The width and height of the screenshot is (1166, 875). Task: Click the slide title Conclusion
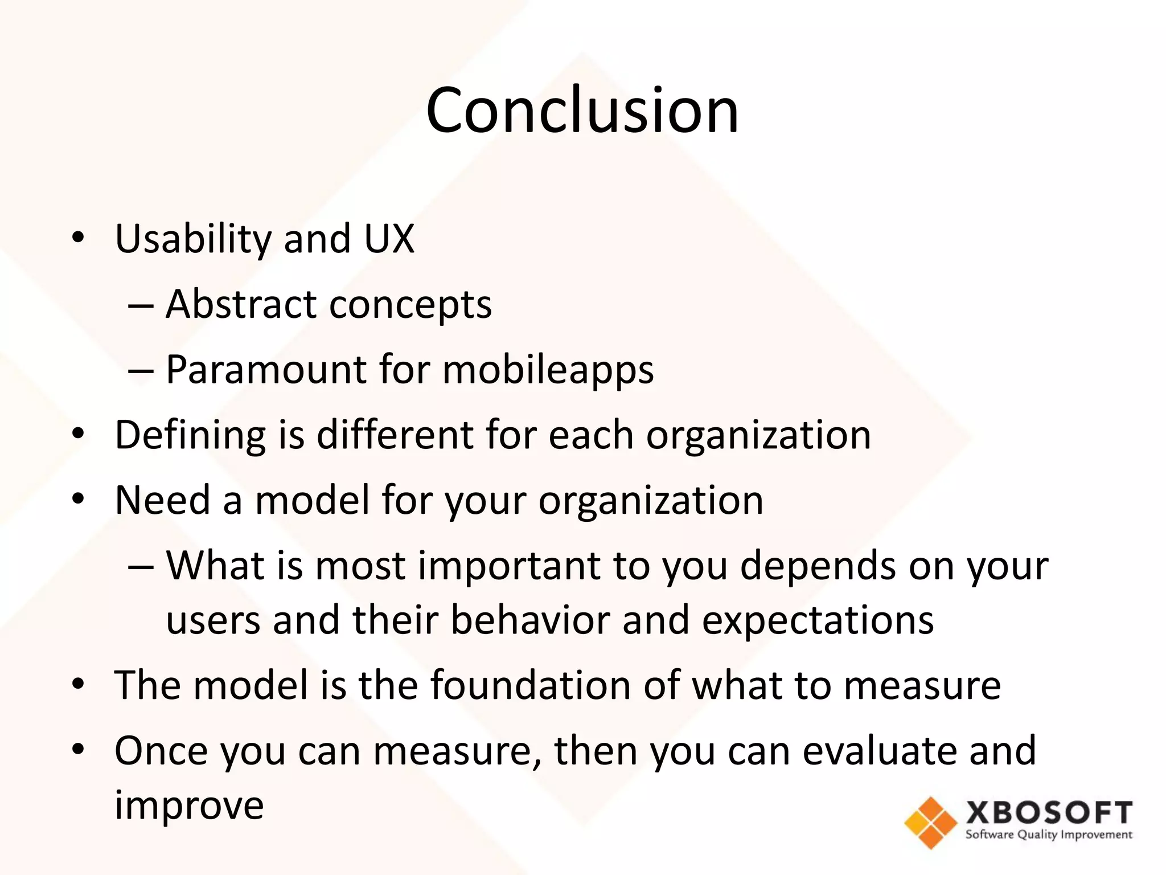[582, 109]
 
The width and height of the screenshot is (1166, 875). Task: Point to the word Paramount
[266, 370]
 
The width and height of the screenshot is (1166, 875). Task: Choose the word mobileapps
[548, 370]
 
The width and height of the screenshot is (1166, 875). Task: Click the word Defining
[190, 435]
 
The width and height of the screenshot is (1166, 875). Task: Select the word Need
[163, 500]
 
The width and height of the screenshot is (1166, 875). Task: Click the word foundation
[530, 685]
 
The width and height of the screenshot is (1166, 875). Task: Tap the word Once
[161, 750]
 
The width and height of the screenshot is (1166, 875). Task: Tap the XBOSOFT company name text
[1049, 812]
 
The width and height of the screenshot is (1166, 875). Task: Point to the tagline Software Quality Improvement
[1049, 835]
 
